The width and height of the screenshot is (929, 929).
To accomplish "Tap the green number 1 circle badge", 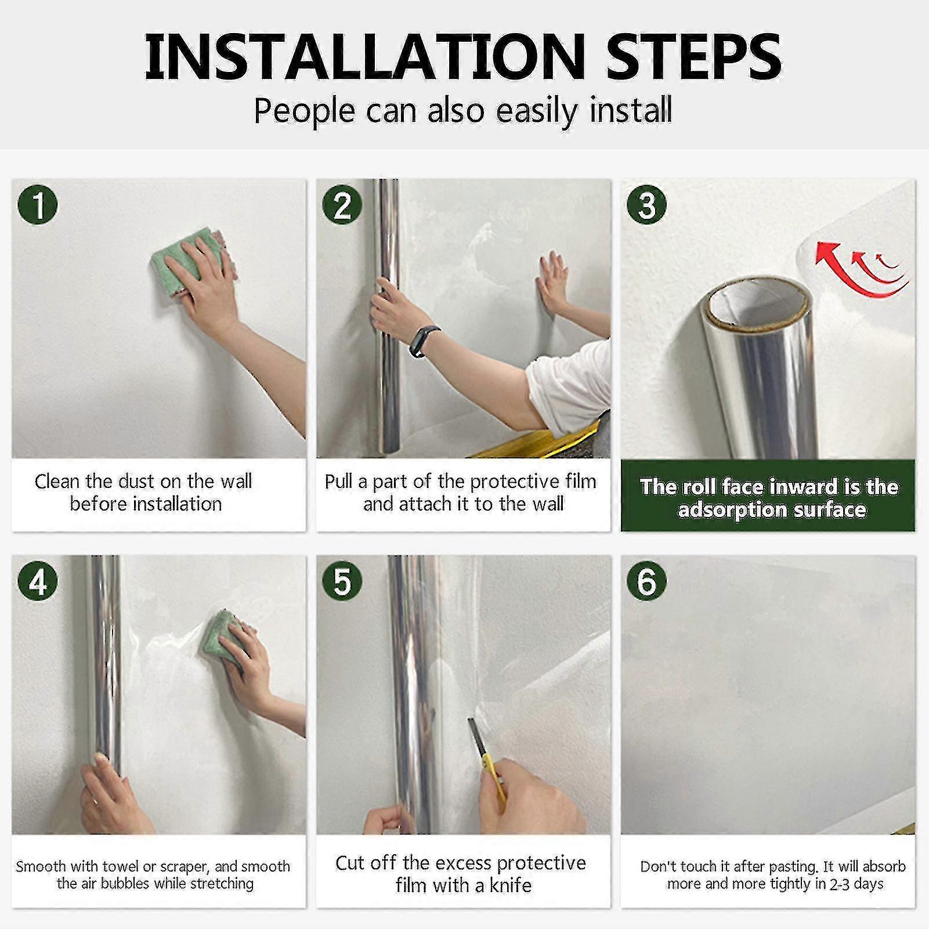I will (38, 205).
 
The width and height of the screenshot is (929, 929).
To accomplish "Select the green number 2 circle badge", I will (342, 205).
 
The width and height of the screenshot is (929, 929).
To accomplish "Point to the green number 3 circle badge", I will (647, 205).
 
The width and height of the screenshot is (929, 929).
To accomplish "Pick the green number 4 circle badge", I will (38, 581).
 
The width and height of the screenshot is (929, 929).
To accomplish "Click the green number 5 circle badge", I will (342, 581).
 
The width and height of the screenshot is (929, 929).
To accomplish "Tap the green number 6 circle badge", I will (647, 581).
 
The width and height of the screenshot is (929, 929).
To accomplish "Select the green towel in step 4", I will (223, 638).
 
